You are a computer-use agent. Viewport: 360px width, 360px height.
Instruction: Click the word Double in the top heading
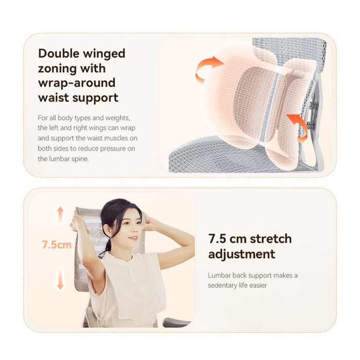click(x=59, y=53)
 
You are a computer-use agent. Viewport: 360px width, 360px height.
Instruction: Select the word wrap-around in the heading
click(x=77, y=83)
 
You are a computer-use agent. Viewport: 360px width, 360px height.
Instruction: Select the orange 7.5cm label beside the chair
click(x=57, y=244)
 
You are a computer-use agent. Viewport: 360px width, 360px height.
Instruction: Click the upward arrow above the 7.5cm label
click(x=60, y=214)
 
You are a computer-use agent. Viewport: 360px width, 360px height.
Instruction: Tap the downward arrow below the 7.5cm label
click(x=60, y=279)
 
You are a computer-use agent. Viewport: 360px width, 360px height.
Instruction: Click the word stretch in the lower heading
click(x=271, y=239)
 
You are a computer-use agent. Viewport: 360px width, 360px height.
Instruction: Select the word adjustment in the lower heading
click(x=242, y=255)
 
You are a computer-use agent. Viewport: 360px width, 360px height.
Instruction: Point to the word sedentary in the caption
click(x=222, y=285)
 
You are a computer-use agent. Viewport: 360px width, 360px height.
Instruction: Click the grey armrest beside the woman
click(x=176, y=322)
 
